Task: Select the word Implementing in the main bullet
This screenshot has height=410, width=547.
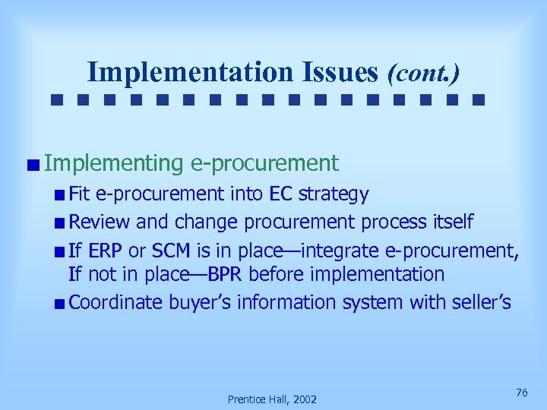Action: [114, 163]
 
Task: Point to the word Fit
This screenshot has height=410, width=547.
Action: [78, 194]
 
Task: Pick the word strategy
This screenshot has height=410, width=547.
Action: [334, 195]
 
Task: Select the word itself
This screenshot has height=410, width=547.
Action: [448, 222]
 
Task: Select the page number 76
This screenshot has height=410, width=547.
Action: [521, 392]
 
